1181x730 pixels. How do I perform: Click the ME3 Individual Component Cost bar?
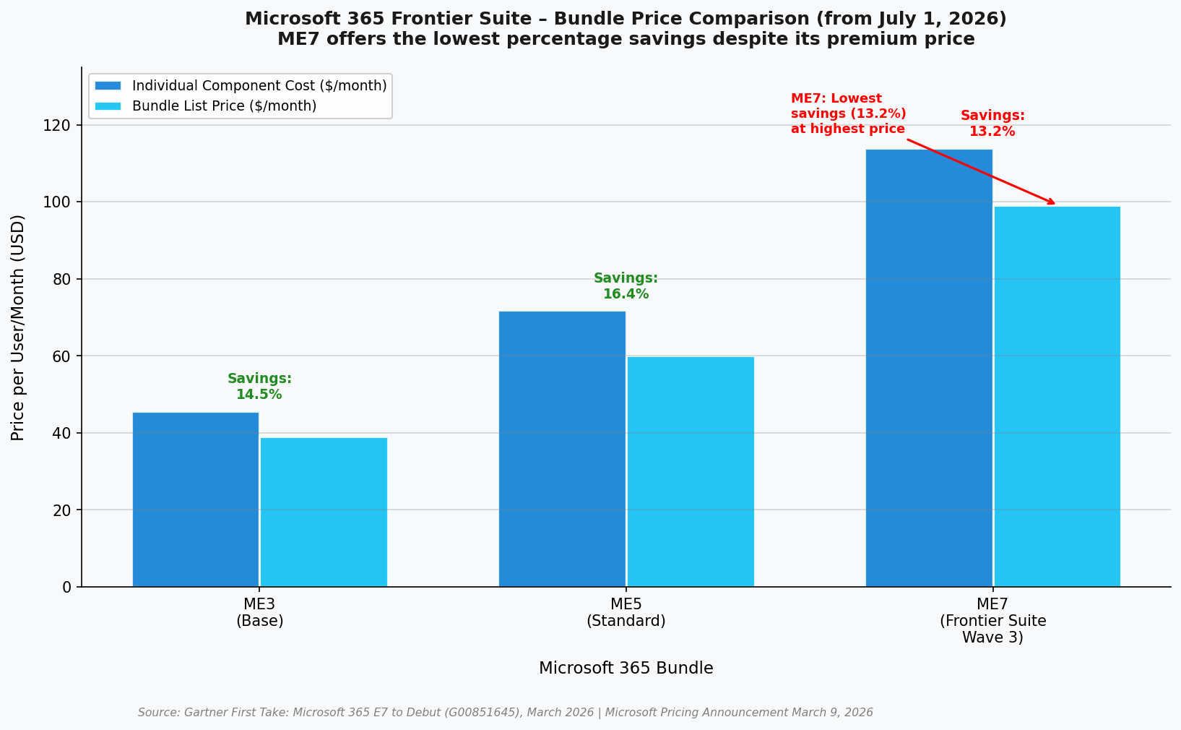(196, 499)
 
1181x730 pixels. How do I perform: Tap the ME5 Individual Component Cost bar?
(562, 449)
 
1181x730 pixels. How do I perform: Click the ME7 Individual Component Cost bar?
(929, 368)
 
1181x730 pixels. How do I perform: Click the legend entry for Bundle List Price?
(224, 106)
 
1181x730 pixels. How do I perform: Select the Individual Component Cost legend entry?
(259, 86)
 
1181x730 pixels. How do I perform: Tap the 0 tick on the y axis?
(66, 587)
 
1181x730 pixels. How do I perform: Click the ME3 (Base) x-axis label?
(259, 613)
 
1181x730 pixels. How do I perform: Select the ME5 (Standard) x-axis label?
(626, 613)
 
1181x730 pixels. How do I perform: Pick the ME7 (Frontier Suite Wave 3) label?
(992, 621)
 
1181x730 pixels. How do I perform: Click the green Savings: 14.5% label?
(259, 387)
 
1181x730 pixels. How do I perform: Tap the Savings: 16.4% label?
(626, 286)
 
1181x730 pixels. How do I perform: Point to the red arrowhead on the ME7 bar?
(1050, 202)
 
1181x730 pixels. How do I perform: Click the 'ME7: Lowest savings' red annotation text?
(848, 114)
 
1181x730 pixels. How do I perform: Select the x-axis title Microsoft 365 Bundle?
(626, 669)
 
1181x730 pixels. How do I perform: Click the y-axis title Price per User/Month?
(18, 327)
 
